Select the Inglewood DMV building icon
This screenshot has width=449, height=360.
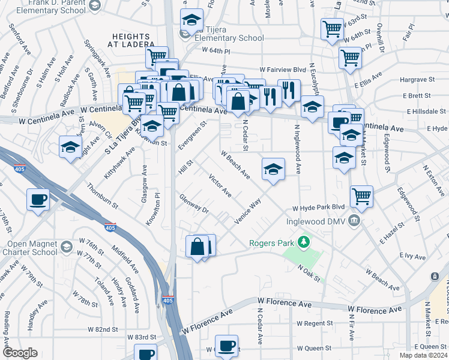[x=355, y=220]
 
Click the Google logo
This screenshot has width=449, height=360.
[x=20, y=353]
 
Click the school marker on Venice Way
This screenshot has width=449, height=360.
[x=273, y=169]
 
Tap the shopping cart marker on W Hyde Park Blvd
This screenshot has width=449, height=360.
[x=361, y=196]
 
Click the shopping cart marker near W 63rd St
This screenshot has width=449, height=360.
[x=332, y=28]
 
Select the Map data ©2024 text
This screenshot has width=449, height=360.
[x=423, y=355]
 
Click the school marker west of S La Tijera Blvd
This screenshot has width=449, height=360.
[x=70, y=147]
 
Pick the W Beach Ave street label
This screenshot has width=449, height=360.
[x=235, y=165]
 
